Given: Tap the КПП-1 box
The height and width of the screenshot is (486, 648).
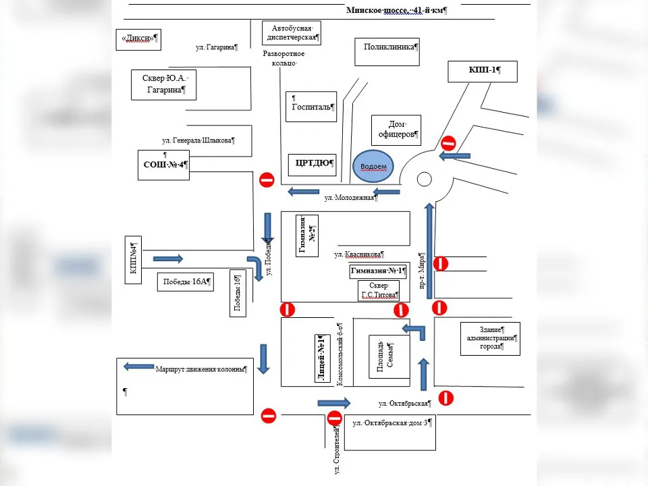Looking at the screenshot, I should pos(483,71).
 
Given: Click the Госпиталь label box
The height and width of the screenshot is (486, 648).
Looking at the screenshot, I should pos(310,107).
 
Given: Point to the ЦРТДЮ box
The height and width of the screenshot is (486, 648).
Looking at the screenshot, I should pos(313,163).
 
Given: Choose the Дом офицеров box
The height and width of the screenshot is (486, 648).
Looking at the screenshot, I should pos(396,130).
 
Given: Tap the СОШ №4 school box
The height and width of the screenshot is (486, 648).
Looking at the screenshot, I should pos(163,164).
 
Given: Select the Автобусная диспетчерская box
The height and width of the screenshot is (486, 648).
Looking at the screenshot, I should pos(291,33).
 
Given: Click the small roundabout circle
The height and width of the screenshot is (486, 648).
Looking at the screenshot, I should pos(424,179).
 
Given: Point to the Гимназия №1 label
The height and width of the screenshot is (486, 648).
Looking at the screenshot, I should pos(379,271).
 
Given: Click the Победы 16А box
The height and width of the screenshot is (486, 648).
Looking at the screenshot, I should pos(184,281).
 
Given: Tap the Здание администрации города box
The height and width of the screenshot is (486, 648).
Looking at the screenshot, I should pos(490,338).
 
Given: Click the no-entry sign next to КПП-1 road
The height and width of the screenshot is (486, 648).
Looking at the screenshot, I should pos(448,143).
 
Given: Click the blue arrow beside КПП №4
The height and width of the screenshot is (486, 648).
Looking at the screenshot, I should pos(167,258).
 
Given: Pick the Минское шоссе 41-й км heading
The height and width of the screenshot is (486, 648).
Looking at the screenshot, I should pos(397,10).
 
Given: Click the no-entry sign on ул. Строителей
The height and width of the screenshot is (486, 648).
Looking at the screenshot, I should pos(334,418).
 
